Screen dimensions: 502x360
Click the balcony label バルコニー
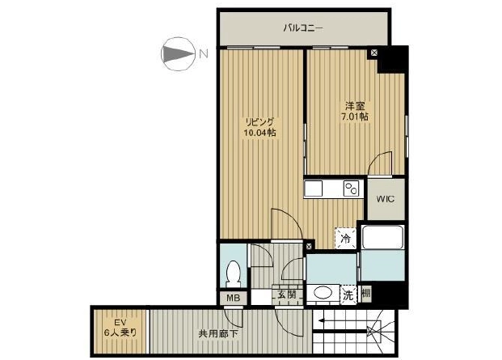click(303, 28)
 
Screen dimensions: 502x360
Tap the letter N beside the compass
click(203, 53)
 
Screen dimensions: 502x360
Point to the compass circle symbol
click(178, 54)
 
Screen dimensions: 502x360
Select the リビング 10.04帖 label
click(259, 127)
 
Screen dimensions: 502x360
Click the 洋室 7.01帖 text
click(355, 111)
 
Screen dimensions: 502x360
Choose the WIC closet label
click(386, 199)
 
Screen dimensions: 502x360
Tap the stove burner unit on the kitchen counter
click(351, 188)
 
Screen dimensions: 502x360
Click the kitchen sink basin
click(314, 188)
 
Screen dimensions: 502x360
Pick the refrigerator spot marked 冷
click(345, 238)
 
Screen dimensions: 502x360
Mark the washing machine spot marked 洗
click(348, 295)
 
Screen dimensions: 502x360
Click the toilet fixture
click(233, 274)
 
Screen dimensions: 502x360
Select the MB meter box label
click(233, 298)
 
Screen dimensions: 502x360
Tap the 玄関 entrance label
click(287, 294)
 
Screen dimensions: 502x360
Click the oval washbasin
click(323, 292)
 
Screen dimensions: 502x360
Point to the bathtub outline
click(382, 237)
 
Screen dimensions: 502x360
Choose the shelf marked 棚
click(366, 293)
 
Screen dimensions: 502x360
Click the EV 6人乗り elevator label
click(120, 328)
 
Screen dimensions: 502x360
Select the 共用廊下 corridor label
click(218, 334)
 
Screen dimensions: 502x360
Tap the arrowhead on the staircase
click(320, 320)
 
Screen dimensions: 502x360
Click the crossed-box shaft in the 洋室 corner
click(374, 53)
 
